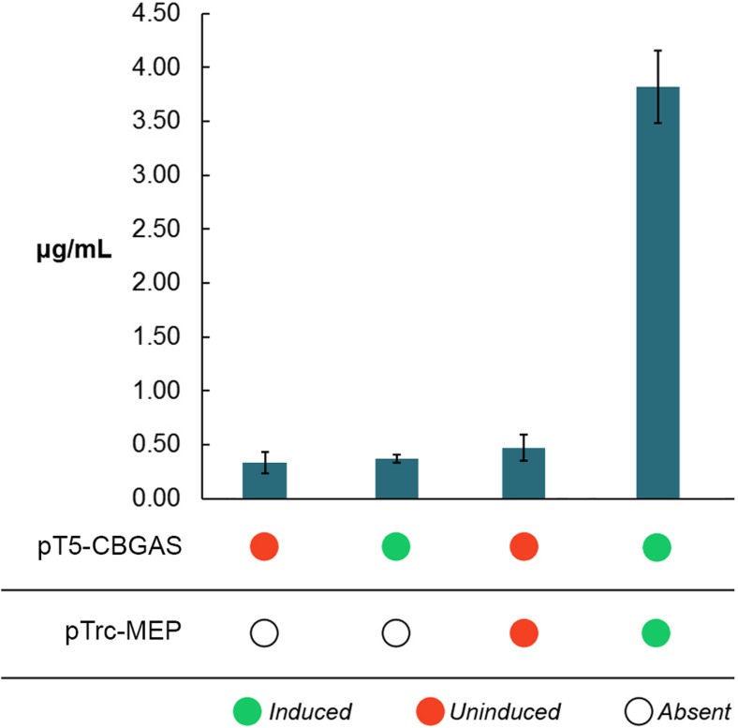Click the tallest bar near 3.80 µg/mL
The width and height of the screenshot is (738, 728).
tap(657, 291)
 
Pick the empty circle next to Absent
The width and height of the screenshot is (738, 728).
tap(640, 711)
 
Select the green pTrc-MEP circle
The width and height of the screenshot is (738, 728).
tap(657, 634)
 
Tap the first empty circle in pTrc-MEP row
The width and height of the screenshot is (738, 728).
tap(264, 634)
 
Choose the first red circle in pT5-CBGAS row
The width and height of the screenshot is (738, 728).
tap(264, 546)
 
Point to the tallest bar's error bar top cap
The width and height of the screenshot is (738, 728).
tap(657, 51)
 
